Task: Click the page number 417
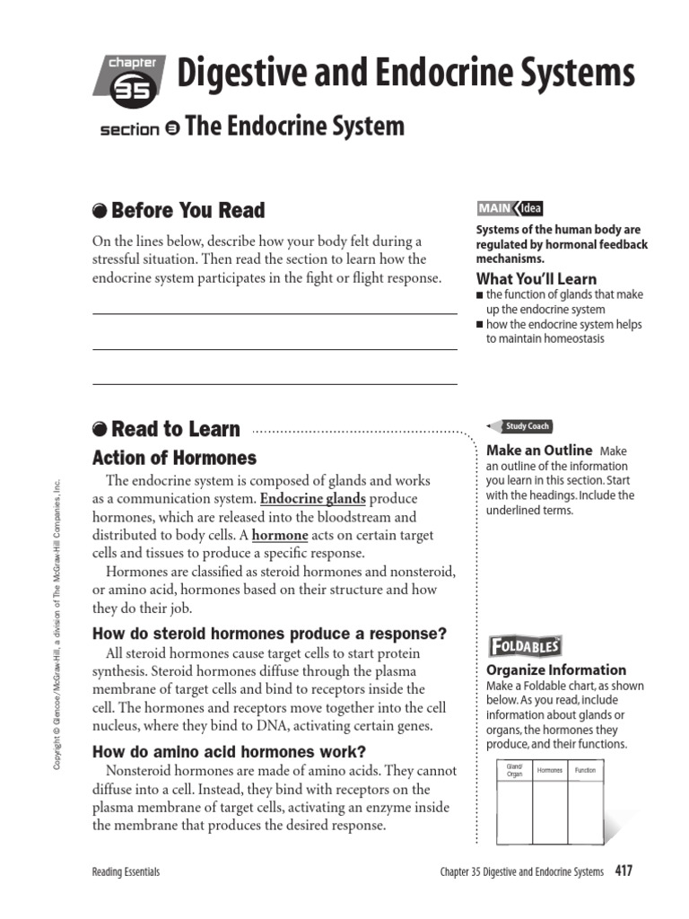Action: pyautogui.click(x=624, y=871)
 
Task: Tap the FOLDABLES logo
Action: pyautogui.click(x=525, y=646)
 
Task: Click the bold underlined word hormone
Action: pyautogui.click(x=280, y=535)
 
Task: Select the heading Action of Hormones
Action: pyautogui.click(x=174, y=458)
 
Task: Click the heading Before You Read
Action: pyautogui.click(x=188, y=211)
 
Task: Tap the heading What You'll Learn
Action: pyautogui.click(x=536, y=278)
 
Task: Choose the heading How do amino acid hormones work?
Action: pyautogui.click(x=230, y=752)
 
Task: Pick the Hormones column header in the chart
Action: pyautogui.click(x=549, y=770)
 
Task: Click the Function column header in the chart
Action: pyautogui.click(x=585, y=770)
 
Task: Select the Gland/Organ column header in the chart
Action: pyautogui.click(x=514, y=770)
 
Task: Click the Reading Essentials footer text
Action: pyautogui.click(x=126, y=871)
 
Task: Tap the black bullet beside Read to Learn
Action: pyautogui.click(x=100, y=430)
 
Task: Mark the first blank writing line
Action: pyautogui.click(x=275, y=314)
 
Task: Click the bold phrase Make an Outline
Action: pyautogui.click(x=538, y=451)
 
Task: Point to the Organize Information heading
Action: pyautogui.click(x=555, y=670)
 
